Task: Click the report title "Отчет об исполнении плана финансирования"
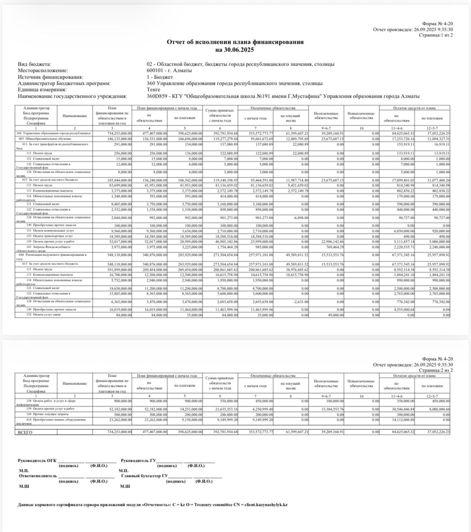pyautogui.click(x=235, y=42)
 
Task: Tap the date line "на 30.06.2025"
pyautogui.click(x=235, y=50)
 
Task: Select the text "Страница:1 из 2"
pyautogui.click(x=435, y=35)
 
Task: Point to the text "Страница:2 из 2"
pyautogui.click(x=435, y=370)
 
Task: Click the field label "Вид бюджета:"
pyautogui.click(x=35, y=64)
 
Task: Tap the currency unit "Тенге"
pyautogui.click(x=154, y=90)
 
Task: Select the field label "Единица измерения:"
pyautogui.click(x=42, y=90)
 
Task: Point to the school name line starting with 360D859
pyautogui.click(x=283, y=96)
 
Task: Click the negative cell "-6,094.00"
pyautogui.click(x=299, y=217)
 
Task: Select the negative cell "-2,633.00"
pyautogui.click(x=299, y=302)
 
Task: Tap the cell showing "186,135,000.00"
pyautogui.click(x=117, y=138)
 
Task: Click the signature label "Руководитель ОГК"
pyautogui.click(x=37, y=461)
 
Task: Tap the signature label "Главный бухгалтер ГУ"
pyautogui.click(x=144, y=475)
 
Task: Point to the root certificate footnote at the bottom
pyautogui.click(x=153, y=505)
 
